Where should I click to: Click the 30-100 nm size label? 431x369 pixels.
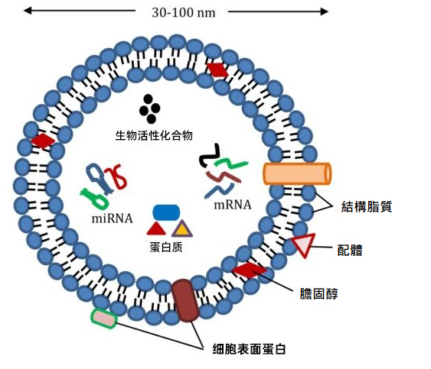click(x=184, y=13)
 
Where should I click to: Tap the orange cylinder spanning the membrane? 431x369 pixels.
click(x=297, y=173)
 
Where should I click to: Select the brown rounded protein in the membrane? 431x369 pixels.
click(x=185, y=300)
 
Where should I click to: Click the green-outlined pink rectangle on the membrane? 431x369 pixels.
click(x=104, y=319)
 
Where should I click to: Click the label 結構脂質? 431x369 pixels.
click(x=367, y=206)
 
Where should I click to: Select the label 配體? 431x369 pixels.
click(x=350, y=250)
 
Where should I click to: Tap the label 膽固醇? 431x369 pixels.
click(x=319, y=293)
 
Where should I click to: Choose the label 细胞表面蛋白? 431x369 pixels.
click(x=249, y=349)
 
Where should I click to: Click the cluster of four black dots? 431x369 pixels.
click(x=149, y=109)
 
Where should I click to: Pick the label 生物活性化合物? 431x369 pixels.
click(x=154, y=135)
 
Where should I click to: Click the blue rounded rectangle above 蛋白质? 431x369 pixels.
click(x=166, y=212)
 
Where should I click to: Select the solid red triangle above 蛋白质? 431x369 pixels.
click(x=156, y=229)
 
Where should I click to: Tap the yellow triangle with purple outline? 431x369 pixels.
click(x=182, y=229)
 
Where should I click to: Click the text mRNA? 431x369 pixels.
click(x=233, y=205)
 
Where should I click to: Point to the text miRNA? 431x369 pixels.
click(x=112, y=218)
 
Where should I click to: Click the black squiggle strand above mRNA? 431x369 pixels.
click(x=209, y=156)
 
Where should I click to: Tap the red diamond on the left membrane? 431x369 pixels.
click(x=43, y=141)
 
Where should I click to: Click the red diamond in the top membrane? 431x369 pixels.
click(x=217, y=70)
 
